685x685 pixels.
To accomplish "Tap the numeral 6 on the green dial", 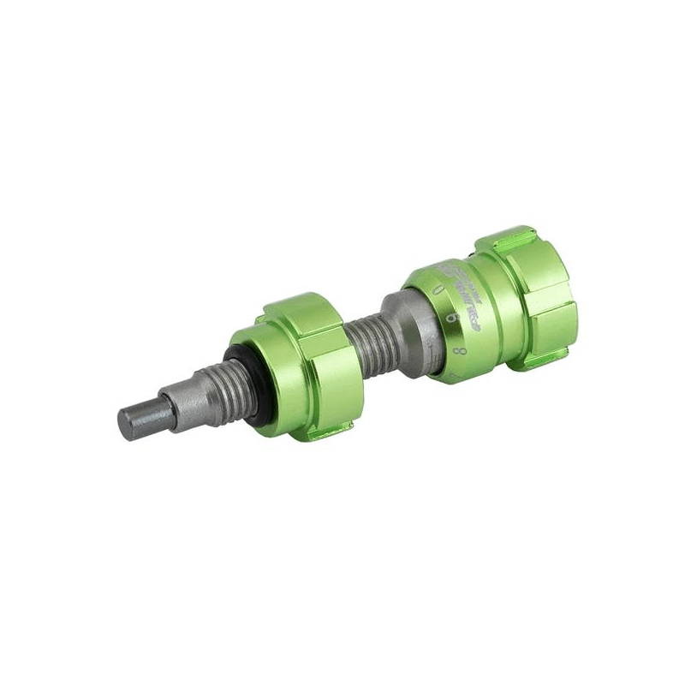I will point(450,317).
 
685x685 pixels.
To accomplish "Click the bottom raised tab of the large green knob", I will point(548,360).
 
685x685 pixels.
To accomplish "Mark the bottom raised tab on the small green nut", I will point(330,432).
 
